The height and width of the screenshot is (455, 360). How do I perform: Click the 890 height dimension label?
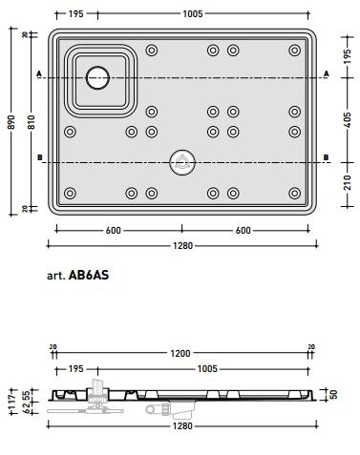click(x=11, y=122)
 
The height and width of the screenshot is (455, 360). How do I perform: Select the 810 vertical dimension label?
click(x=31, y=122)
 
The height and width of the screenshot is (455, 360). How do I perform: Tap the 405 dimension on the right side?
click(x=348, y=119)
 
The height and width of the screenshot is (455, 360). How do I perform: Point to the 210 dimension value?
click(x=348, y=182)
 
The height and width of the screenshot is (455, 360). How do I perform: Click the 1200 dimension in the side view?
click(x=180, y=353)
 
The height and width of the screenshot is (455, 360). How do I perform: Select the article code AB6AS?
click(x=89, y=275)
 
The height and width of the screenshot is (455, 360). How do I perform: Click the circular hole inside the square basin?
click(x=97, y=78)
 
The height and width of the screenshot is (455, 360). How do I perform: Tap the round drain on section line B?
click(x=182, y=162)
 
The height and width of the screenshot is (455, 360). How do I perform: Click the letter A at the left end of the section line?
click(x=39, y=73)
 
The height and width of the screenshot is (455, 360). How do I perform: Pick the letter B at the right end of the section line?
click(x=327, y=157)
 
